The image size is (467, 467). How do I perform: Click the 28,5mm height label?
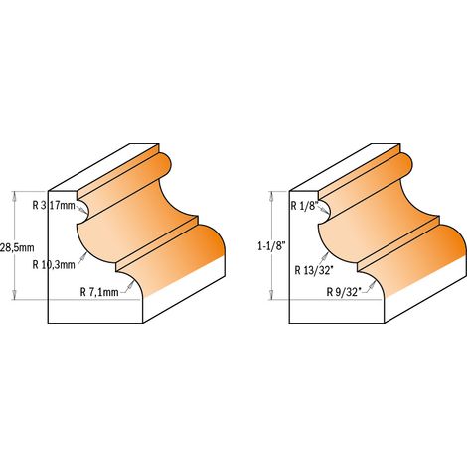[17, 247]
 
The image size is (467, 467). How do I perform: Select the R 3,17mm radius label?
[54, 206]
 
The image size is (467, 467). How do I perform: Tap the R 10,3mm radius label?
[54, 265]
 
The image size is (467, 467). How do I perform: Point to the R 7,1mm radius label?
[99, 292]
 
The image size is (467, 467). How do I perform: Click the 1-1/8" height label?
[271, 246]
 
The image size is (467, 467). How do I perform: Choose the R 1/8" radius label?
[305, 206]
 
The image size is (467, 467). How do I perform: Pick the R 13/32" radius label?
[314, 270]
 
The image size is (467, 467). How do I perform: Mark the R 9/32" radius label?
[344, 292]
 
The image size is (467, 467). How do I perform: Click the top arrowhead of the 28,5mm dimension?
[14, 196]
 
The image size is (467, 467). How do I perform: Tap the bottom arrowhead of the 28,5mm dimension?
[14, 295]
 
